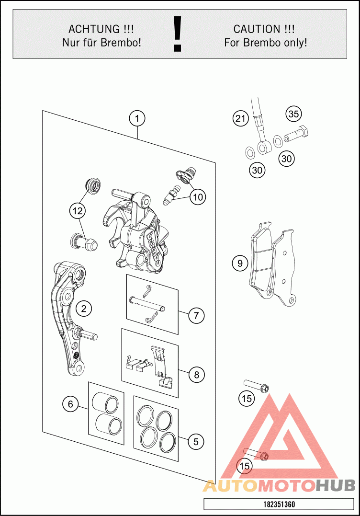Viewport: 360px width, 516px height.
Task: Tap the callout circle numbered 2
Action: point(84,309)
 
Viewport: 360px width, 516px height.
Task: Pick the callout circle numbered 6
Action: point(70,404)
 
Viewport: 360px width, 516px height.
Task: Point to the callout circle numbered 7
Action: point(196,316)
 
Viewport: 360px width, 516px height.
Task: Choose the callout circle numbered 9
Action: point(239,263)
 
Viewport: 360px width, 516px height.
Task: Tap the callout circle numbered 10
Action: point(197,196)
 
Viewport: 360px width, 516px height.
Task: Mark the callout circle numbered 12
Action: point(76,210)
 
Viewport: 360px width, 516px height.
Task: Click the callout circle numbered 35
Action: point(293,114)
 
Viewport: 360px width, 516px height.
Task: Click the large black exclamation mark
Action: point(178,34)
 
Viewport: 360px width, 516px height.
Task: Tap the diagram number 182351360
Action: point(279,505)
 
